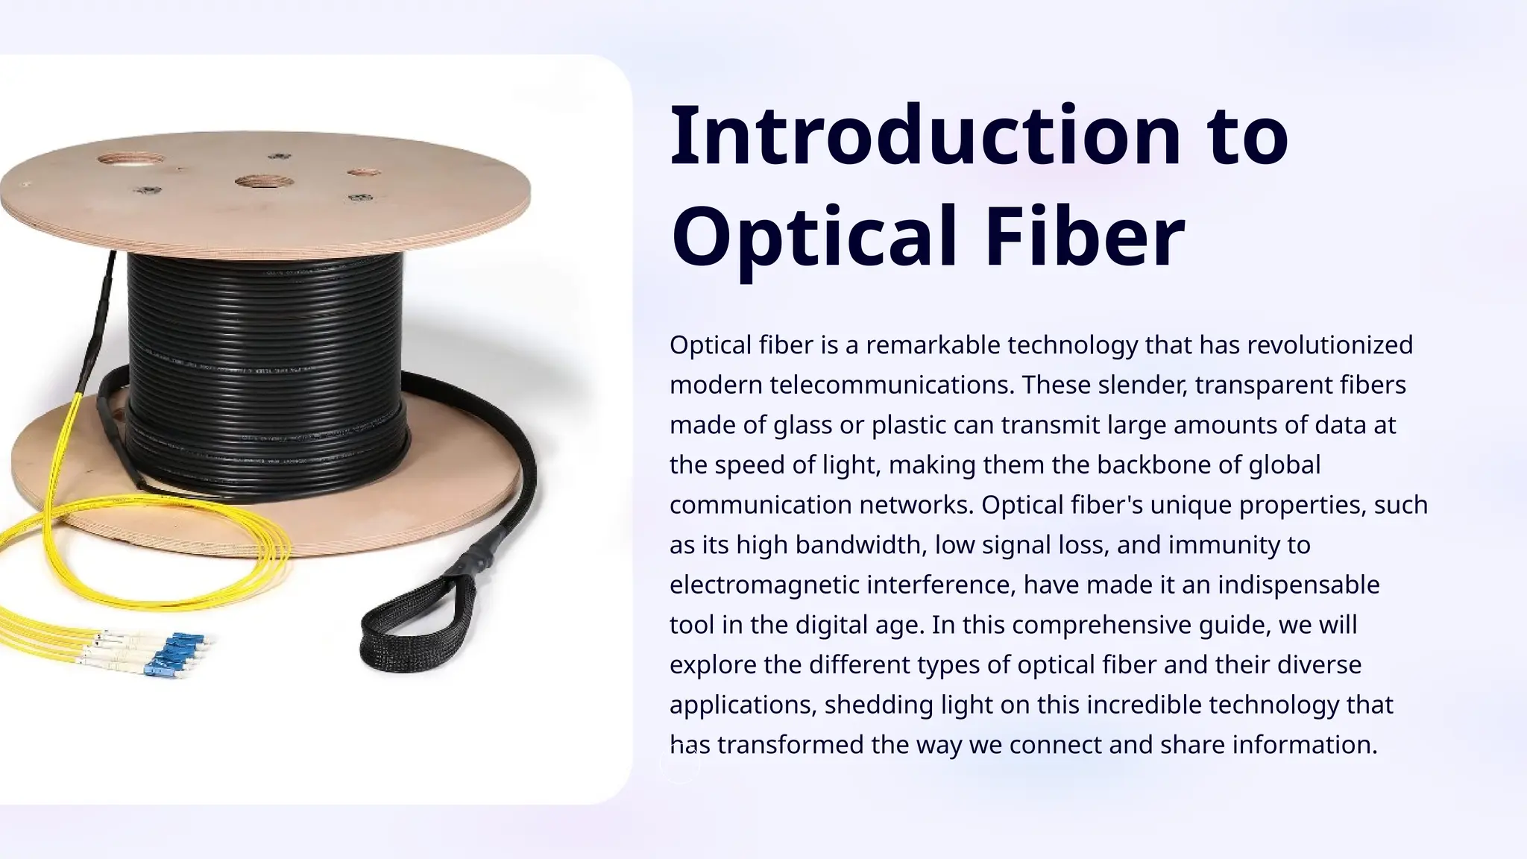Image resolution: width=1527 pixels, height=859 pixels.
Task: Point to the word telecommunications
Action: point(892,386)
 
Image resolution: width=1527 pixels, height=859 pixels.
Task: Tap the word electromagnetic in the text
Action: point(764,585)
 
